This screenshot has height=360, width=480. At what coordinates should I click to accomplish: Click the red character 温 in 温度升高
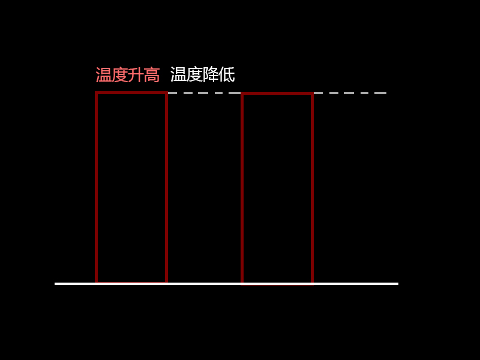pyautogui.click(x=103, y=74)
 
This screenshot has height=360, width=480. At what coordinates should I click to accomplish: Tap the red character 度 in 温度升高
pyautogui.click(x=119, y=74)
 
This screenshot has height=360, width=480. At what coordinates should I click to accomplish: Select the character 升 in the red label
pyautogui.click(x=136, y=74)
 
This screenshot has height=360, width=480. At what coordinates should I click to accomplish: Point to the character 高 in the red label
pyautogui.click(x=152, y=74)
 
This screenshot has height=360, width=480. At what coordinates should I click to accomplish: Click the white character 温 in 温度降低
pyautogui.click(x=178, y=74)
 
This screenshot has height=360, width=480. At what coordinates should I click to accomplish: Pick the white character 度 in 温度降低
pyautogui.click(x=194, y=74)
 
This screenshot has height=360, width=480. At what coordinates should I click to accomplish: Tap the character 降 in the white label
pyautogui.click(x=211, y=74)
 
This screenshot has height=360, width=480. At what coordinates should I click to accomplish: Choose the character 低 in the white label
pyautogui.click(x=227, y=74)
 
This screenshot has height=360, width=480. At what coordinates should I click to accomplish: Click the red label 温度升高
pyautogui.click(x=128, y=74)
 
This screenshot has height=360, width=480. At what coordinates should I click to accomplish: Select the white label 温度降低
pyautogui.click(x=203, y=74)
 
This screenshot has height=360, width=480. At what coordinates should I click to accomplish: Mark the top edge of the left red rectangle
pyautogui.click(x=131, y=93)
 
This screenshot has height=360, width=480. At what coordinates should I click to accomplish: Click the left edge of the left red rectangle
pyautogui.click(x=97, y=187)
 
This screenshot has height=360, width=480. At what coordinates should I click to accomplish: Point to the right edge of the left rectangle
pyautogui.click(x=166, y=187)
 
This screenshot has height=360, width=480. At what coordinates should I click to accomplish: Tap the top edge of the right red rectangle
pyautogui.click(x=277, y=94)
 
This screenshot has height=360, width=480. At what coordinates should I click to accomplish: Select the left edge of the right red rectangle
pyautogui.click(x=242, y=188)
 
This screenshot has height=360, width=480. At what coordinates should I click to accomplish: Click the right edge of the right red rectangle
pyautogui.click(x=312, y=188)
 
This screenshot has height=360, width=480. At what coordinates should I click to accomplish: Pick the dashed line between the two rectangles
pyautogui.click(x=204, y=93)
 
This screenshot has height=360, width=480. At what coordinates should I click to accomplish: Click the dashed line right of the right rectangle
pyautogui.click(x=350, y=93)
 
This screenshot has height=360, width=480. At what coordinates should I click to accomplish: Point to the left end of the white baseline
pyautogui.click(x=55, y=284)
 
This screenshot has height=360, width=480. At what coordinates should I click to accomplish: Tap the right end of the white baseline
pyautogui.click(x=398, y=284)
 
